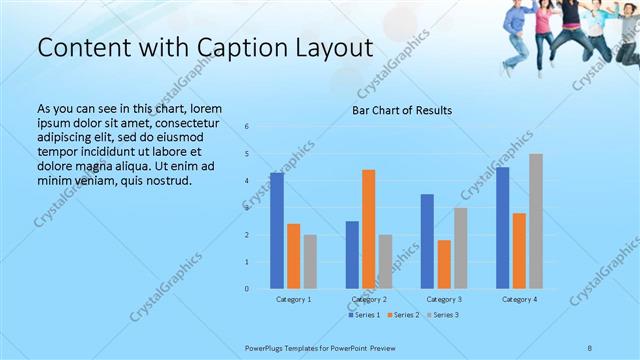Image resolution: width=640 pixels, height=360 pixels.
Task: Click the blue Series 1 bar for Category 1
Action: pos(277,231)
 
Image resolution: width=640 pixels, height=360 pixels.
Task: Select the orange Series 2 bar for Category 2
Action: pos(369,229)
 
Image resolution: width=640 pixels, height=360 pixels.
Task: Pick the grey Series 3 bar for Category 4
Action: pos(536,221)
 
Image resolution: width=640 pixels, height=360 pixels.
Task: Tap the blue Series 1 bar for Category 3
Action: pos(427,241)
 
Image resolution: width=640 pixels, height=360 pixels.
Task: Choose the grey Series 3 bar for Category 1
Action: pos(310,262)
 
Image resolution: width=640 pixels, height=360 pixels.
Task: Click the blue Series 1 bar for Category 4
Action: pos(502,228)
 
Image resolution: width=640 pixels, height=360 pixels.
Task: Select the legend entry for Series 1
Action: pos(365,315)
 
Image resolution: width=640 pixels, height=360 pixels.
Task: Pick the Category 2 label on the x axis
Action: pos(369,299)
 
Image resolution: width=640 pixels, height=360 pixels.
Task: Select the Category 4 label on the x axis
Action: pos(519,299)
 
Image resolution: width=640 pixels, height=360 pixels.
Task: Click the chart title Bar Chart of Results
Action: pos(402,110)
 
